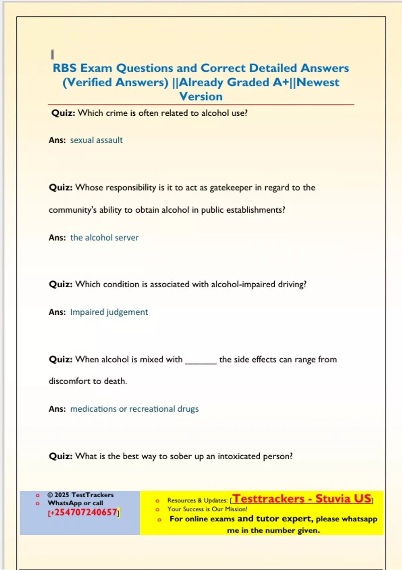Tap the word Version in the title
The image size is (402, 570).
(x=201, y=97)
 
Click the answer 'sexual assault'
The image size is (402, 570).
(x=96, y=140)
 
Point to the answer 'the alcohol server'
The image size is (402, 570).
(x=104, y=238)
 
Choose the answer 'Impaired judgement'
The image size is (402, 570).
(x=109, y=312)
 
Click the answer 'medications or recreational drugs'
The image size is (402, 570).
(x=134, y=409)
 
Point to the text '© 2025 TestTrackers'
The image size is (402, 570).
(x=80, y=495)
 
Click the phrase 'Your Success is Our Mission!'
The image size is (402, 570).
(x=207, y=509)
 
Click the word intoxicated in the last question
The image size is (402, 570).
(x=239, y=456)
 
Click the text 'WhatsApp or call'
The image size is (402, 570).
(x=75, y=503)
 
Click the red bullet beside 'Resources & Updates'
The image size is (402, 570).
(x=157, y=501)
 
